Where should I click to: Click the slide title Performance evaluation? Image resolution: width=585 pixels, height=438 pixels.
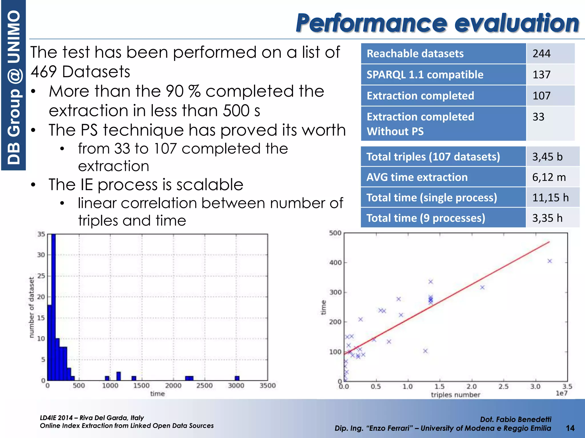click(x=437, y=23)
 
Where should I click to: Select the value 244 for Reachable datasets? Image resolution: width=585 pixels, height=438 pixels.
click(x=541, y=54)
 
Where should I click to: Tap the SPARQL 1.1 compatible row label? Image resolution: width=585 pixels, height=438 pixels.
click(x=425, y=75)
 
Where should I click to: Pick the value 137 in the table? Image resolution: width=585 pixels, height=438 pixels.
click(x=541, y=75)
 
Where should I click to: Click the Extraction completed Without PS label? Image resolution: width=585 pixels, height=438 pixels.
click(x=420, y=124)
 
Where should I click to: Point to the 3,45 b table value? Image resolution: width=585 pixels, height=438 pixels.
click(x=547, y=157)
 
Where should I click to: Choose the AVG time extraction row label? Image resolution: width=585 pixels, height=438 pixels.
click(x=417, y=177)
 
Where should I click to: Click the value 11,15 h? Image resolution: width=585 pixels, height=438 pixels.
click(x=550, y=198)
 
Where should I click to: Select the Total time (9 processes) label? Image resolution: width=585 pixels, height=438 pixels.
click(x=426, y=218)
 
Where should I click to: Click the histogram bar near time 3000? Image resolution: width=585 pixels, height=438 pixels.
click(x=237, y=378)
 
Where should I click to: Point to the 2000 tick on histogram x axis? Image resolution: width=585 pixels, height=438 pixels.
click(x=173, y=386)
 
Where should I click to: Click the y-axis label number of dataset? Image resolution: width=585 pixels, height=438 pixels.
click(x=31, y=307)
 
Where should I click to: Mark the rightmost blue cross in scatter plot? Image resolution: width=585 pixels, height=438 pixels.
click(x=550, y=261)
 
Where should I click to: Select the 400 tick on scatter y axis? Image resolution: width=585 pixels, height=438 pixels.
click(x=335, y=263)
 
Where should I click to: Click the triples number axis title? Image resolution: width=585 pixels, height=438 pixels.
click(x=455, y=395)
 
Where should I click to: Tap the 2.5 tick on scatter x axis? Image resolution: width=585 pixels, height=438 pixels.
click(x=503, y=387)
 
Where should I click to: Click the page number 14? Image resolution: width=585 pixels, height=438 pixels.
click(x=570, y=428)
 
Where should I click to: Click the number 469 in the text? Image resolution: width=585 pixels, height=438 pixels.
click(x=44, y=72)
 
